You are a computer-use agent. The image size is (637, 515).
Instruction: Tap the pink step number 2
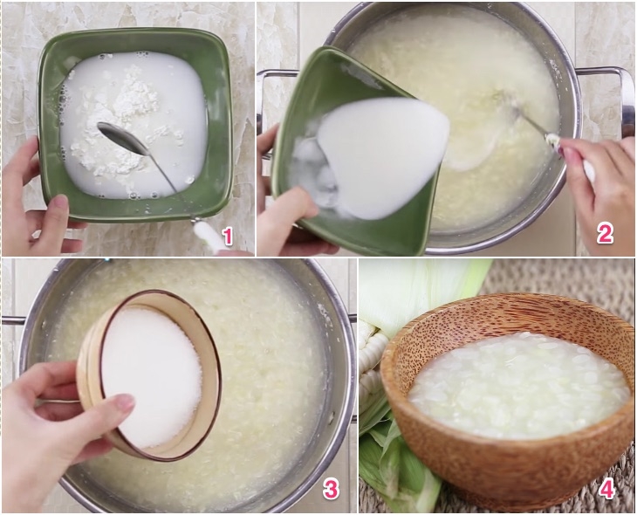(x=604, y=232)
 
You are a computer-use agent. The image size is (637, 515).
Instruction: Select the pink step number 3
(x=332, y=489)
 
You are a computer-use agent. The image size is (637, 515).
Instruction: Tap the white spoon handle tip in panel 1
(x=209, y=234)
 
